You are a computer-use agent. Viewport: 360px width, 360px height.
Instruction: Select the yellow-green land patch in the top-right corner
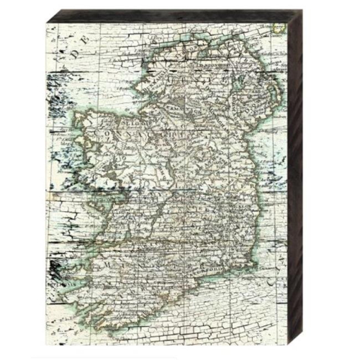tap(279, 30)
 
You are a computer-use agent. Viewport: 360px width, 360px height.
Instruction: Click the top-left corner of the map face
tap(47, 24)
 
